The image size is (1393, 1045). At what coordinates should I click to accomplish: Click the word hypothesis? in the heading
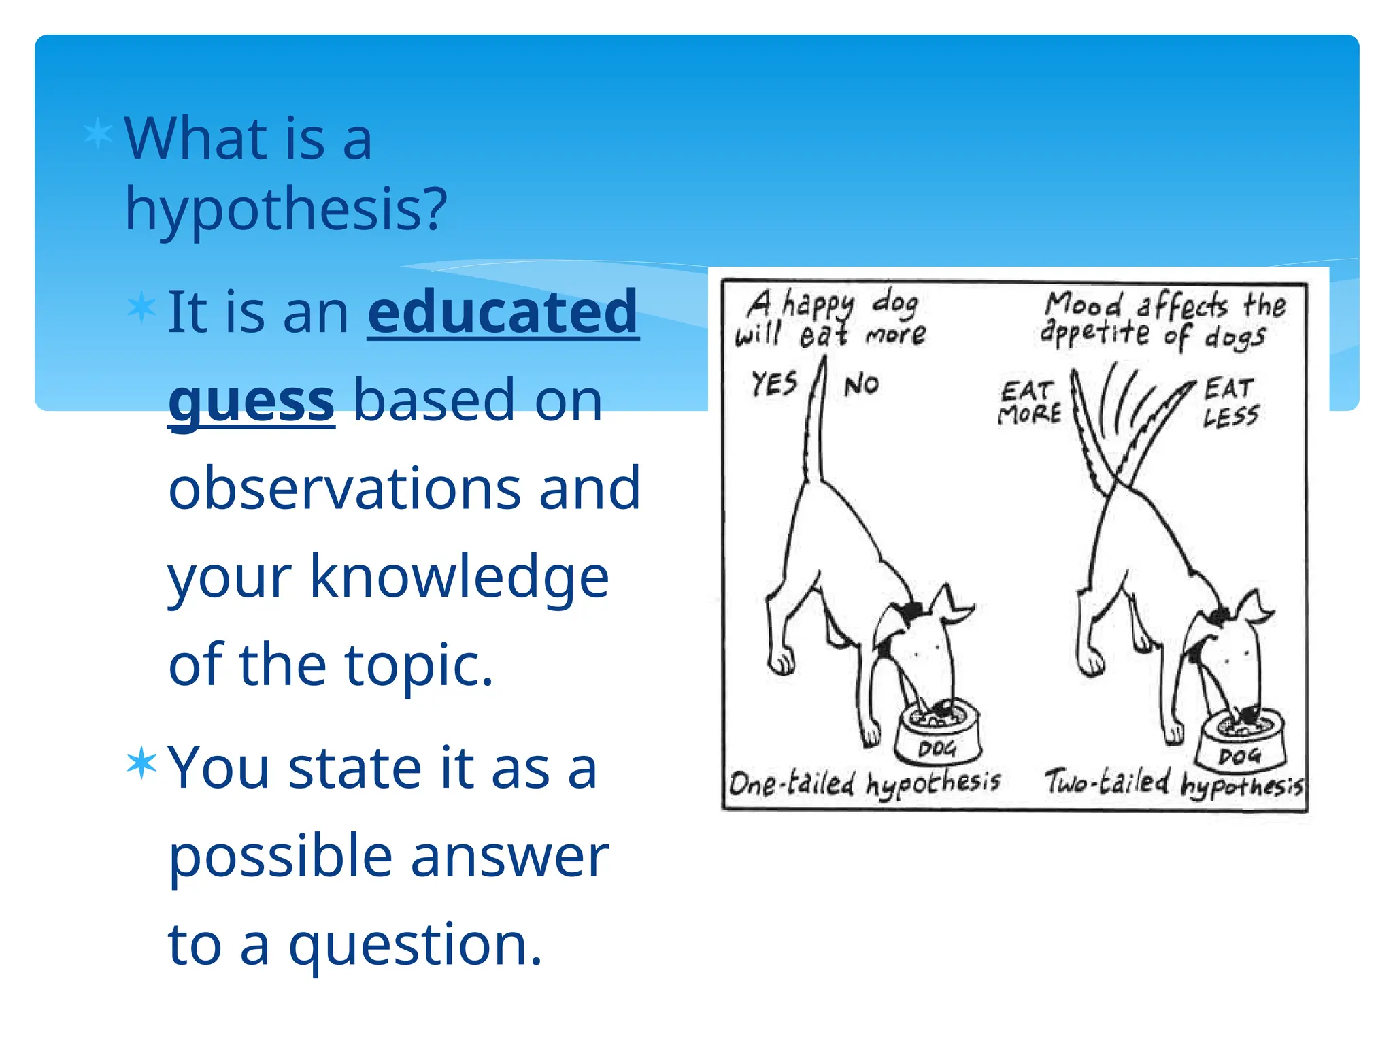coord(286,210)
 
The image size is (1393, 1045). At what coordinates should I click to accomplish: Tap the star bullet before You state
coord(141,763)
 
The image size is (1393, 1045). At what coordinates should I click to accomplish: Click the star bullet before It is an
coord(141,308)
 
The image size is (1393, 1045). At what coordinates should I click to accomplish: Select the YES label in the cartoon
coord(774,384)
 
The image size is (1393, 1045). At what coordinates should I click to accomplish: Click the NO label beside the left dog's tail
coord(862,386)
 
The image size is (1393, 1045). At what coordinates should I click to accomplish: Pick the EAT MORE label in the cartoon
coord(1029,403)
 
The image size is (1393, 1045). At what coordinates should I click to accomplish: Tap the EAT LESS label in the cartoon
coord(1230,403)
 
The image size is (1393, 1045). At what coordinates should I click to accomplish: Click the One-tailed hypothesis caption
coord(864,784)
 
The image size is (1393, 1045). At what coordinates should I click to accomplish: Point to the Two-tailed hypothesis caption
coord(1173,784)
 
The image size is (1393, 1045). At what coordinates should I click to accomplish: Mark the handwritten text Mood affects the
coord(1164,305)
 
